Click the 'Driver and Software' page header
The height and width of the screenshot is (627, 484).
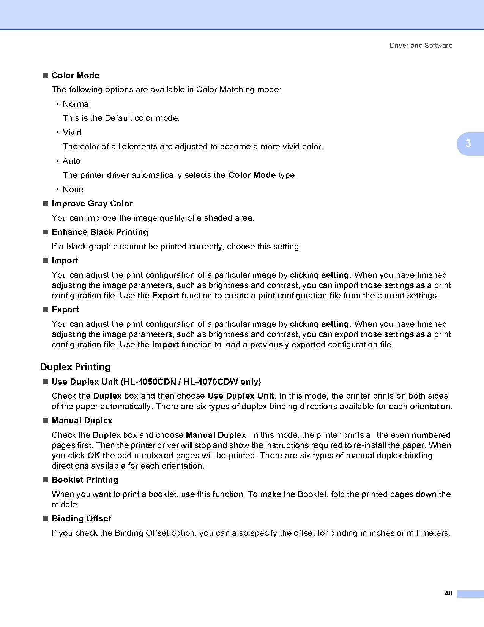(x=421, y=46)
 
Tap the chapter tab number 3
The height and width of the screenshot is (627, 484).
(x=468, y=144)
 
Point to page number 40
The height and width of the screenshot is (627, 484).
(x=448, y=594)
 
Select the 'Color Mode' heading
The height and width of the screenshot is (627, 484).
(x=75, y=76)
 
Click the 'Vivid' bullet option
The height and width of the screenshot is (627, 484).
(x=72, y=133)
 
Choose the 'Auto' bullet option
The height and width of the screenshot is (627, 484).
(x=71, y=161)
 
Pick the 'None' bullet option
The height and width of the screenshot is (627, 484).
(x=73, y=190)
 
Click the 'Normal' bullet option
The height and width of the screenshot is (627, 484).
(x=77, y=104)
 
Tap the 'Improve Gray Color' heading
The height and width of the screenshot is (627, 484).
(x=92, y=204)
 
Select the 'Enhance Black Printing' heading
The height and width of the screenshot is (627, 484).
(x=100, y=232)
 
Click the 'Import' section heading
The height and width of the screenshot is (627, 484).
(x=65, y=261)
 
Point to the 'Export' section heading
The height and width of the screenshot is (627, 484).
(x=65, y=310)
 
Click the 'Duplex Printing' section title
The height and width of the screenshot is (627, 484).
(x=76, y=367)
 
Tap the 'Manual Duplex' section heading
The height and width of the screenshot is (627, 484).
(x=82, y=421)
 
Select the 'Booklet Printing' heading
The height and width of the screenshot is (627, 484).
(x=85, y=480)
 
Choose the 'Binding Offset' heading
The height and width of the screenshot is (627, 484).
(x=82, y=519)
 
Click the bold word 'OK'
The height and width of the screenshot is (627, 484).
(x=93, y=456)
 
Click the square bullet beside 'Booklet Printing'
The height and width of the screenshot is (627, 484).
(x=46, y=480)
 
